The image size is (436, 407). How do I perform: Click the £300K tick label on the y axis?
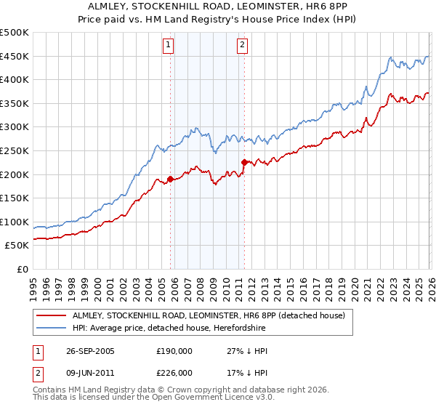pyautogui.click(x=15, y=127)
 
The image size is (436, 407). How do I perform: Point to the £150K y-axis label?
pyautogui.click(x=15, y=198)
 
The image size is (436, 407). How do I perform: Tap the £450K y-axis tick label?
pyautogui.click(x=15, y=57)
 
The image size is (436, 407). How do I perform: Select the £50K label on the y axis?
pyautogui.click(x=17, y=246)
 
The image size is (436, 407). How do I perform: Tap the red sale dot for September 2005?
pyautogui.click(x=171, y=179)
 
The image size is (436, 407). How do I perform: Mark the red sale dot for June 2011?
pyautogui.click(x=244, y=162)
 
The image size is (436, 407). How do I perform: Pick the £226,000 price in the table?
pyautogui.click(x=174, y=372)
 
